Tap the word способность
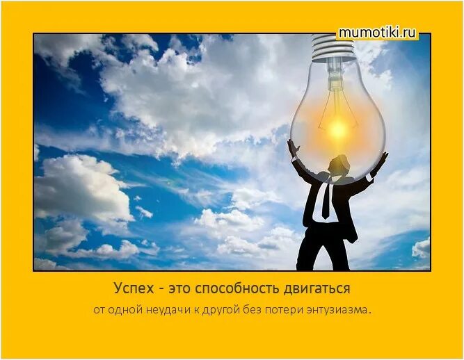click(237, 288)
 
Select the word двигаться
click(316, 288)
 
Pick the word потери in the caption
click(282, 309)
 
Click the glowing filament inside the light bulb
click(338, 128)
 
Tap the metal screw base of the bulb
click(333, 48)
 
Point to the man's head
click(339, 165)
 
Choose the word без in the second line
click(251, 309)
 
